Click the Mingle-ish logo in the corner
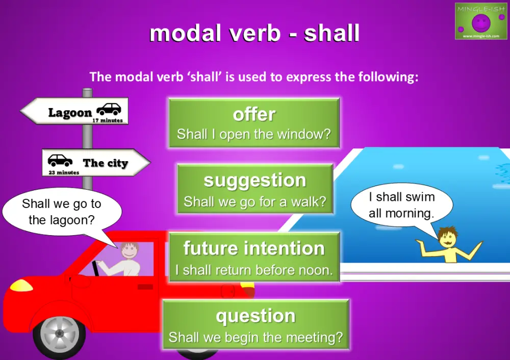[480, 21]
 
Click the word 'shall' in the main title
[331, 33]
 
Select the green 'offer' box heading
[254, 114]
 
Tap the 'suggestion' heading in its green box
[254, 180]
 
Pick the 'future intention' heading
[254, 248]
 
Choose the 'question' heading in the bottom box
[256, 316]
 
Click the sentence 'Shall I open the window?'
[254, 135]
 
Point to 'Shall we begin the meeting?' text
[256, 337]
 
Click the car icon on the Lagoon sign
[109, 109]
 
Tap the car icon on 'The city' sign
[60, 161]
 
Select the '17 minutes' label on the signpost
[108, 121]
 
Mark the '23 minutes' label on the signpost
[64, 173]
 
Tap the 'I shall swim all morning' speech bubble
[401, 204]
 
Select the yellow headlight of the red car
[21, 285]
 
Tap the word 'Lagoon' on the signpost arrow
[70, 113]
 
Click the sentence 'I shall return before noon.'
[254, 270]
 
